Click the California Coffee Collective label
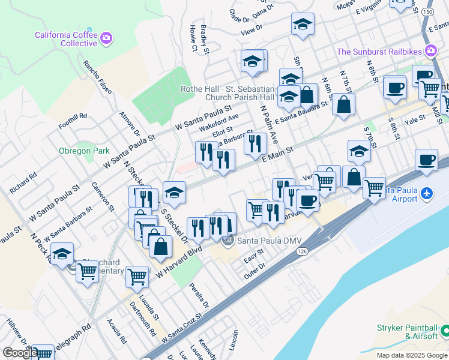tap(66, 39)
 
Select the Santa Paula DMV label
tap(269, 241)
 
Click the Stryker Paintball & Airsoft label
tap(407, 332)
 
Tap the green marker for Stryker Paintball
tap(445, 331)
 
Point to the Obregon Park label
tap(84, 151)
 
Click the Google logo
tap(19, 353)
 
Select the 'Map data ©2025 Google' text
tap(411, 355)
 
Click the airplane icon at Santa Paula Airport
tap(426, 194)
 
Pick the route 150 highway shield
tap(427, 11)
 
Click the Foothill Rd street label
tap(74, 116)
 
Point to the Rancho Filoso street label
tap(98, 77)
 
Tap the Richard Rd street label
tap(23, 183)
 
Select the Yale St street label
tap(414, 119)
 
